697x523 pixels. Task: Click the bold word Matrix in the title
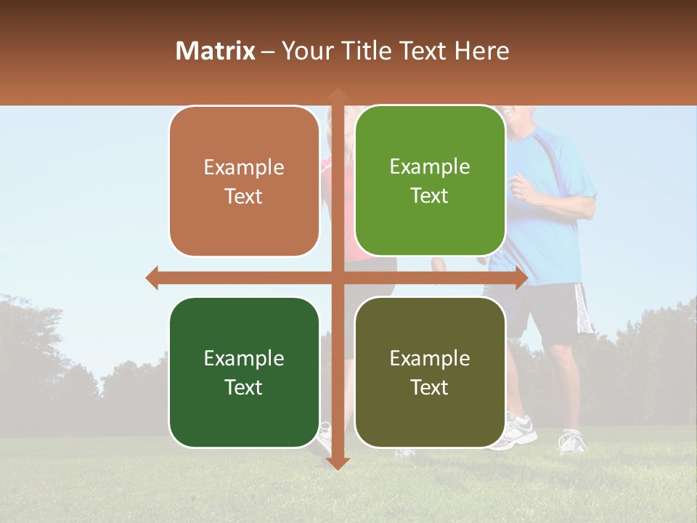click(216, 51)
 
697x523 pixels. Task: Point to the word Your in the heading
click(306, 51)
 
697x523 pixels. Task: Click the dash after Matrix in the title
click(268, 52)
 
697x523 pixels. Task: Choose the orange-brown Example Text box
click(244, 182)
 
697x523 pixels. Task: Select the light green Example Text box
click(430, 181)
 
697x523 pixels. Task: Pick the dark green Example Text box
click(244, 373)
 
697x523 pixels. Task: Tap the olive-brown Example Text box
click(430, 373)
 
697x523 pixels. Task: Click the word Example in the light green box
click(430, 166)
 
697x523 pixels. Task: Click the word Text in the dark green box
click(244, 387)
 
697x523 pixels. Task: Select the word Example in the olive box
click(430, 358)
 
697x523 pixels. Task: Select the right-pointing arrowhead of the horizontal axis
click(521, 277)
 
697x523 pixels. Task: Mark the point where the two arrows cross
click(337, 277)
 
